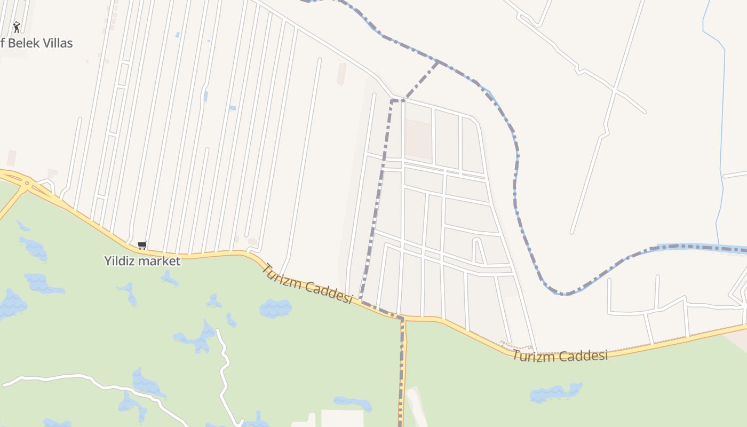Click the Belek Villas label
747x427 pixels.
click(37, 43)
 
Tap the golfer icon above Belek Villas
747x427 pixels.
click(17, 27)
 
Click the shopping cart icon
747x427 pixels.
click(142, 246)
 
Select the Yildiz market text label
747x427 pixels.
click(142, 261)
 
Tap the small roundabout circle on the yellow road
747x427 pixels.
click(27, 183)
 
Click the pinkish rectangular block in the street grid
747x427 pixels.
click(418, 138)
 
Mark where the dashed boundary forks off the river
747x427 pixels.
click(438, 62)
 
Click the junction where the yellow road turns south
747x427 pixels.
click(403, 319)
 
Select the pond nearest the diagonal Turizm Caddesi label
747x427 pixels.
click(275, 308)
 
